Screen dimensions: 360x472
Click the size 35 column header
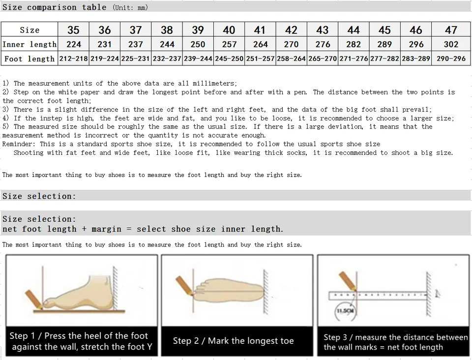point(73,30)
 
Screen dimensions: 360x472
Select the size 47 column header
point(451,30)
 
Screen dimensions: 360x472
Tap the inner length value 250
point(198,44)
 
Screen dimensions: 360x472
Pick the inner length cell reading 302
point(451,44)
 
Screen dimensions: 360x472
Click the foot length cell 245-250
point(229,59)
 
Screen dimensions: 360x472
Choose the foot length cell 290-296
point(451,59)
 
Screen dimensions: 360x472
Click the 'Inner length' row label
point(29,44)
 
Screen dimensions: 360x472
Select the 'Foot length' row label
point(29,59)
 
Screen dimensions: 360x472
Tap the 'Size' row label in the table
point(29,30)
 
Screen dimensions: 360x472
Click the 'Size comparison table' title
point(55,7)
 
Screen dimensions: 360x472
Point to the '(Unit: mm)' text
point(130,7)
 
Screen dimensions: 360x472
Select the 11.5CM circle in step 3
point(344,311)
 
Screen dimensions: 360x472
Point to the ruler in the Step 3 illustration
point(379,295)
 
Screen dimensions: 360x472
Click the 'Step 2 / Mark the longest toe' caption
point(233,341)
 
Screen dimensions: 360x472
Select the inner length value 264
point(260,44)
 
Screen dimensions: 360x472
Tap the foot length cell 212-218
point(73,59)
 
